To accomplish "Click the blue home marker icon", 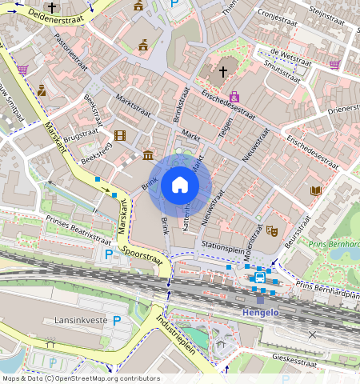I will pyautogui.click(x=180, y=185).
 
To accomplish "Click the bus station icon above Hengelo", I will pyautogui.click(x=260, y=278).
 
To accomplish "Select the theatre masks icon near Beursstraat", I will pyautogui.click(x=271, y=230).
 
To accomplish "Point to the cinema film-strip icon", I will pyautogui.click(x=120, y=136).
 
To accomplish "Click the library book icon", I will pyautogui.click(x=315, y=190).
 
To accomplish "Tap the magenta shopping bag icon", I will pyautogui.click(x=234, y=97).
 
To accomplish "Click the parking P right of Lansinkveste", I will pyautogui.click(x=117, y=321).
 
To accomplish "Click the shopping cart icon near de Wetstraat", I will pyautogui.click(x=334, y=65).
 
